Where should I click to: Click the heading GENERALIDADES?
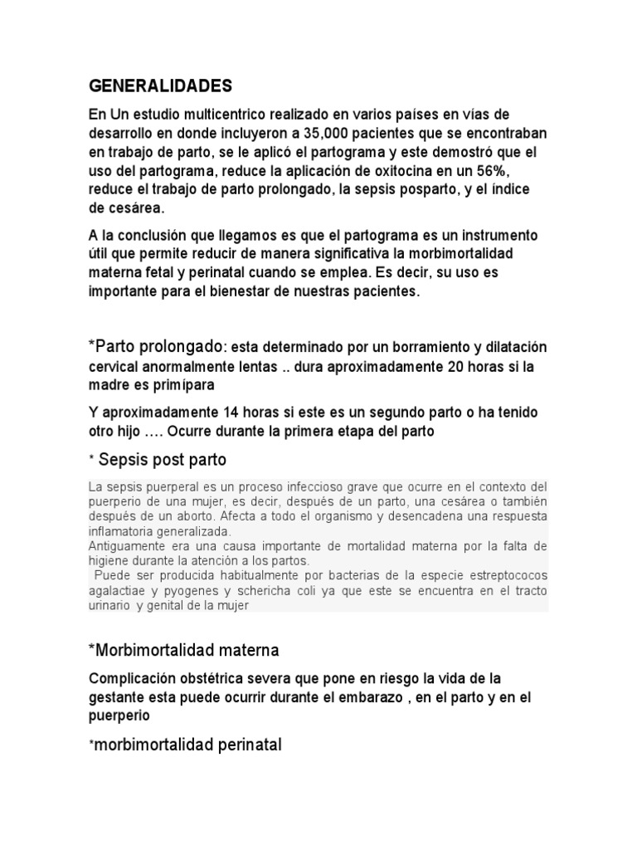(161, 85)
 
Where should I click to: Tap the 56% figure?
(519, 170)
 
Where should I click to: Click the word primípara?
(182, 384)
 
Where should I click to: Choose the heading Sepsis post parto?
(162, 459)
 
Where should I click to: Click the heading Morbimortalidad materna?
(183, 648)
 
